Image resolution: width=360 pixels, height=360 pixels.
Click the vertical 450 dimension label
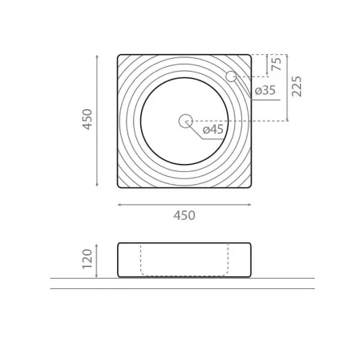point(88,119)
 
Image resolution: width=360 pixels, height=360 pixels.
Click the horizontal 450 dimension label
point(184,215)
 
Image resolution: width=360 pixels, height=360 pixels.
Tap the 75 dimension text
point(276,64)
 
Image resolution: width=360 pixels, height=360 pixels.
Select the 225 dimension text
point(296,87)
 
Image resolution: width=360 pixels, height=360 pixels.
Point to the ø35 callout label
point(265,91)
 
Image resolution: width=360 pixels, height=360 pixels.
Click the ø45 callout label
point(213,130)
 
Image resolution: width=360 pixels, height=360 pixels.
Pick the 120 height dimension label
point(88,259)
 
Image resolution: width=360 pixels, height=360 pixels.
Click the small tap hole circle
point(231,76)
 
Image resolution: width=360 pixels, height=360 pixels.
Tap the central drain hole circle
point(186,121)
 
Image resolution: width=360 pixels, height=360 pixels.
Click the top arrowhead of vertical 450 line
point(97,57)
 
